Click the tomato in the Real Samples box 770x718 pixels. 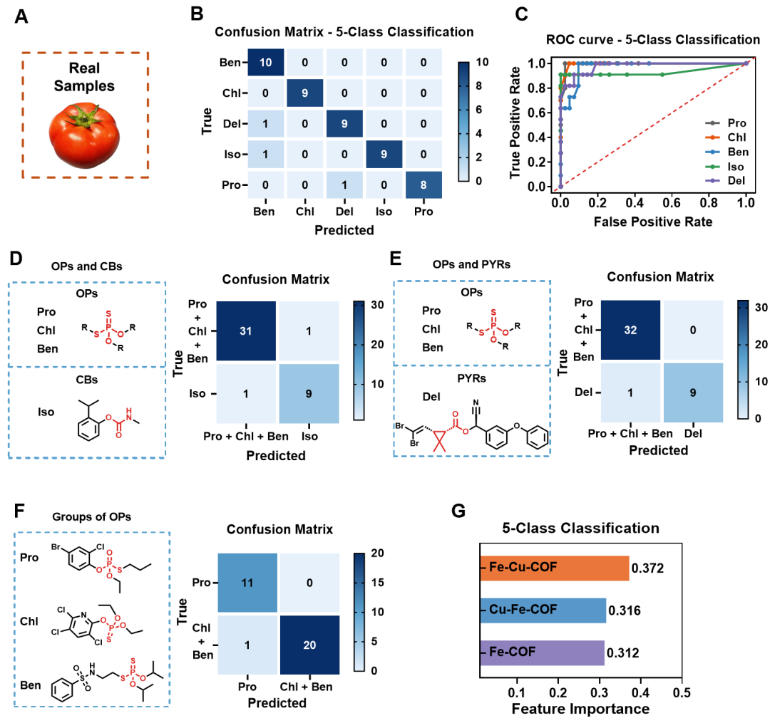[x=84, y=134]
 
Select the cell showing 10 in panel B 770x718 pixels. [x=266, y=63]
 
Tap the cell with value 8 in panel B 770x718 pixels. [x=423, y=185]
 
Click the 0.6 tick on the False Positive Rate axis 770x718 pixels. [x=672, y=203]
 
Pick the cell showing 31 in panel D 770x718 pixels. [x=246, y=331]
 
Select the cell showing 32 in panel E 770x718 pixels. [x=630, y=331]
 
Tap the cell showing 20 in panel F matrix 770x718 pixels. [x=309, y=645]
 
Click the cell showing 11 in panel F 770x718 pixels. [x=247, y=583]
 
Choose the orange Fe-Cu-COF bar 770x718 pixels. [x=555, y=568]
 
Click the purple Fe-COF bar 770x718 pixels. [x=542, y=652]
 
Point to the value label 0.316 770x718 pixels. [x=624, y=610]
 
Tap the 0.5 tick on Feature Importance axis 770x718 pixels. [x=682, y=693]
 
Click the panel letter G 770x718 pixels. [x=458, y=511]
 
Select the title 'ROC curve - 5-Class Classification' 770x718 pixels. [x=653, y=39]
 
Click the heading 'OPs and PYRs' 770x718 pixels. [x=471, y=264]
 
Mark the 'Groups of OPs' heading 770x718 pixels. [x=92, y=517]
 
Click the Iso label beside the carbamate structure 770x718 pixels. [x=46, y=412]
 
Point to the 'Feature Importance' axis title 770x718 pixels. [x=580, y=709]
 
